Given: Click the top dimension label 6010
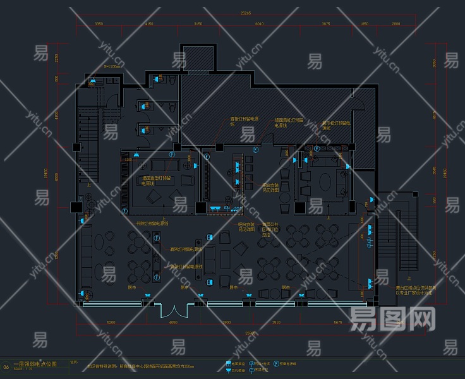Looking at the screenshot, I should click(259, 24).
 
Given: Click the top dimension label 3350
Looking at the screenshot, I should click(99, 24).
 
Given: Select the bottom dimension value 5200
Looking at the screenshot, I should click(111, 323).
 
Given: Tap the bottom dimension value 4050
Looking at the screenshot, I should click(173, 323).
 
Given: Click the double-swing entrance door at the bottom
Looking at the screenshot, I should click(173, 310).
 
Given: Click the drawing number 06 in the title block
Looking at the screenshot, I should click(6, 366).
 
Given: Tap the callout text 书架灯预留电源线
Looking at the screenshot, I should click(152, 223).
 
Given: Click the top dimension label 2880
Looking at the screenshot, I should click(396, 24).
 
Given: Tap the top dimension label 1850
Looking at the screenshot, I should click(364, 24).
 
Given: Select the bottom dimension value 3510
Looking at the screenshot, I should click(275, 323).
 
